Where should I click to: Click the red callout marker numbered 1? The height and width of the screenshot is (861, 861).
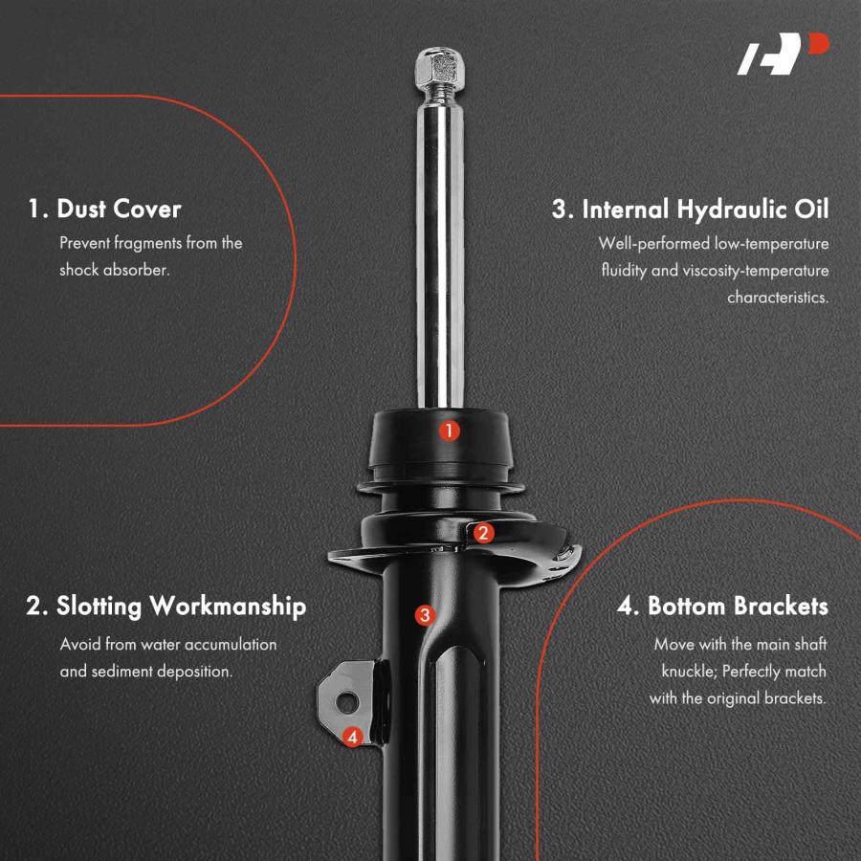pyautogui.click(x=450, y=431)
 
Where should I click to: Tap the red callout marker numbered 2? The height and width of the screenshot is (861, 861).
pyautogui.click(x=483, y=533)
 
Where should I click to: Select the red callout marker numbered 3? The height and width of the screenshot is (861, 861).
pyautogui.click(x=425, y=615)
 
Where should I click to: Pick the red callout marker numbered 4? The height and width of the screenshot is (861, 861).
pyautogui.click(x=352, y=737)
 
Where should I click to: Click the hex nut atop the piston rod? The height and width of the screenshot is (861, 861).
pyautogui.click(x=439, y=68)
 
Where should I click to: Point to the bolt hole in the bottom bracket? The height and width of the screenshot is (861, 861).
pyautogui.click(x=347, y=702)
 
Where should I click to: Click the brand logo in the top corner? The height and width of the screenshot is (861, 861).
pyautogui.click(x=783, y=54)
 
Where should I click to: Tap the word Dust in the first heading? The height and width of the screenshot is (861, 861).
pyautogui.click(x=80, y=210)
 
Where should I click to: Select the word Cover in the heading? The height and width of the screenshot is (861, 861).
pyautogui.click(x=147, y=210)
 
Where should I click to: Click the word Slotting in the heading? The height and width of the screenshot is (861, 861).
pyautogui.click(x=99, y=607)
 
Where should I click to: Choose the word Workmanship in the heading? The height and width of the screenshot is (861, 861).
pyautogui.click(x=228, y=607)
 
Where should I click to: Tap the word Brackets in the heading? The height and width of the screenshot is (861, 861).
pyautogui.click(x=781, y=607)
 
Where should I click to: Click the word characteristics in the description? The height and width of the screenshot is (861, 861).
pyautogui.click(x=778, y=298)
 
